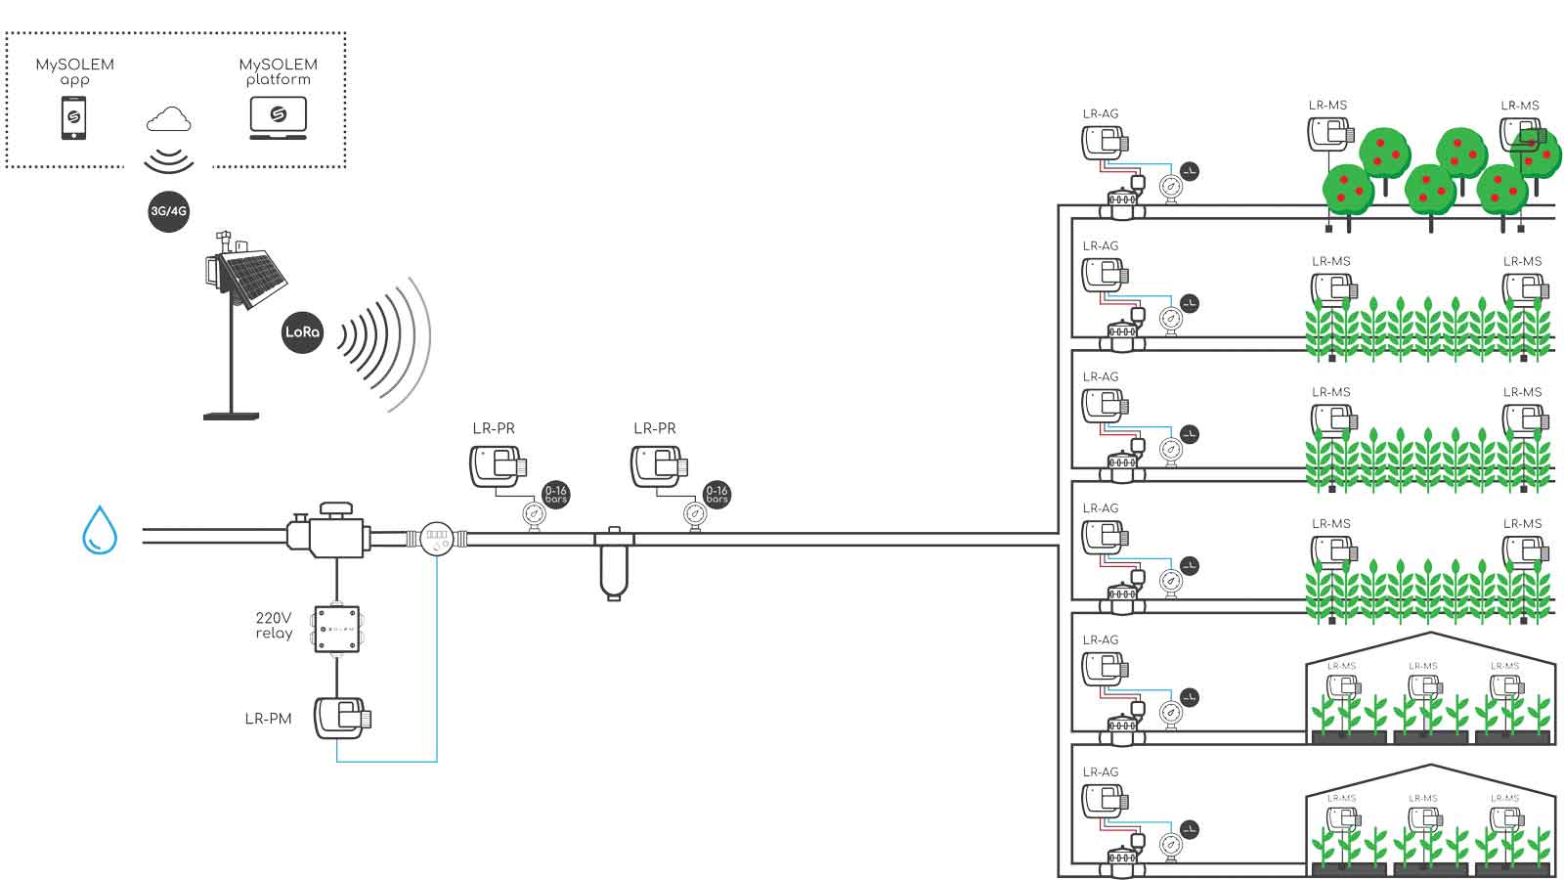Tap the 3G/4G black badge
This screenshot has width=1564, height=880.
[x=168, y=211]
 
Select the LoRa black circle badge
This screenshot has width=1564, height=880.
[x=302, y=331]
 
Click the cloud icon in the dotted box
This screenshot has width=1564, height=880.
[x=168, y=120]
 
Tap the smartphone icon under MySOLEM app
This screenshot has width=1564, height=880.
[x=73, y=118]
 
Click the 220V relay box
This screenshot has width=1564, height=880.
[x=336, y=629]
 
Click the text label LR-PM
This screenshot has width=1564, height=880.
[x=268, y=719]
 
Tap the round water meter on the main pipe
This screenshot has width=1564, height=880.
[x=437, y=536]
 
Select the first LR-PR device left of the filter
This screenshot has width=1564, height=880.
[x=499, y=466]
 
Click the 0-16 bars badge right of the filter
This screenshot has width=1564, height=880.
[x=717, y=494]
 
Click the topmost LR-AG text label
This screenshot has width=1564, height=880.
[x=1101, y=113]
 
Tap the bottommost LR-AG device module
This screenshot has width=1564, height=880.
[x=1105, y=803]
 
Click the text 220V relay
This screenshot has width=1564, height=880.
[x=274, y=626]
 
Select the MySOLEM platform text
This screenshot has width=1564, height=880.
[x=278, y=71]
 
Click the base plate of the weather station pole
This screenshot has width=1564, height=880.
[x=232, y=416]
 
